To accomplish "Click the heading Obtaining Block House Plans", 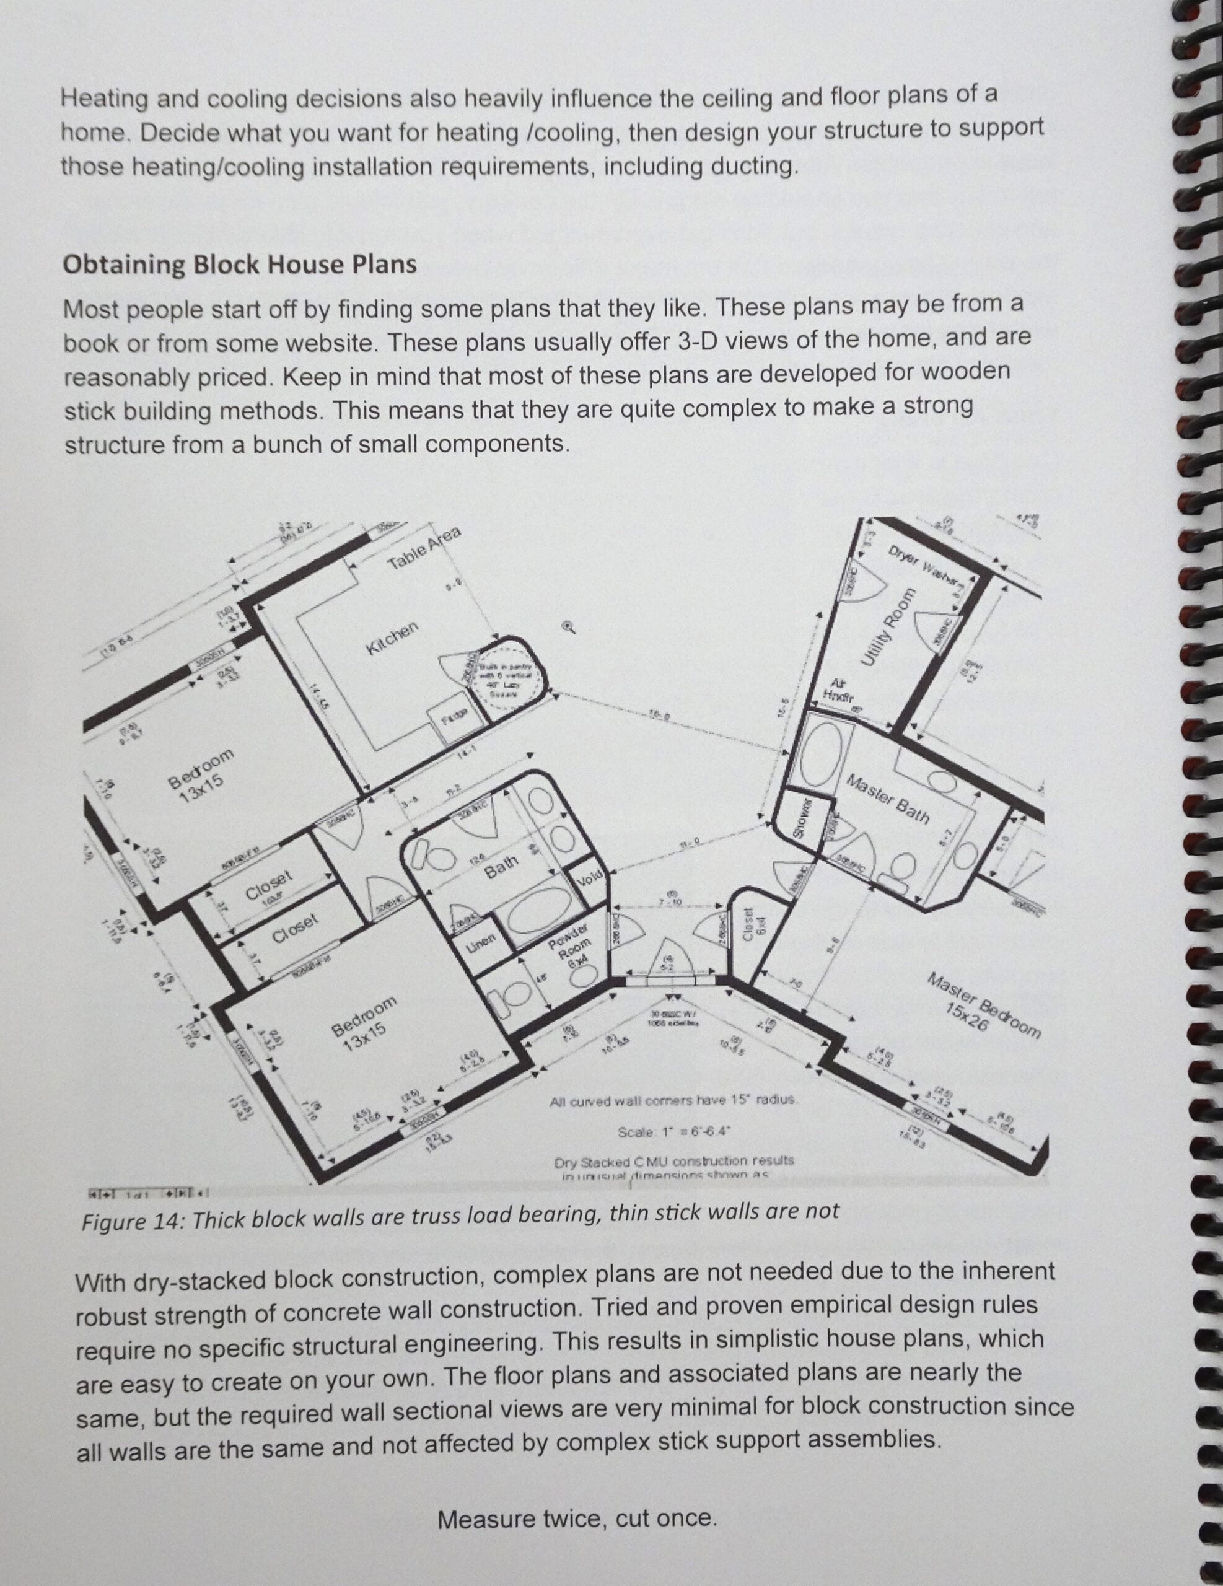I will pyautogui.click(x=240, y=265).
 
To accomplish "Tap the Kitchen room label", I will pyautogui.click(x=393, y=638).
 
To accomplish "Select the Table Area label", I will pyautogui.click(x=424, y=548).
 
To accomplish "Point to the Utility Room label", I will pyautogui.click(x=887, y=625).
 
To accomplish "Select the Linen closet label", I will pyautogui.click(x=480, y=941).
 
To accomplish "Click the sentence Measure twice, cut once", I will pyautogui.click(x=577, y=1518).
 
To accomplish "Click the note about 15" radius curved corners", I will pyautogui.click(x=675, y=1101).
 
